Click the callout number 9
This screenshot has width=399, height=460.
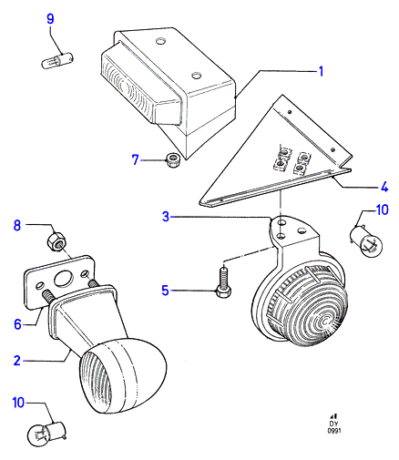[50, 19]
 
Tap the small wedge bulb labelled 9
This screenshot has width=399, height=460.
[57, 59]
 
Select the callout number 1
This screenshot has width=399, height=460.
[321, 71]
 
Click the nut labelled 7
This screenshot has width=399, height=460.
[174, 160]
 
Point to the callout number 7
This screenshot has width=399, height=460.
[136, 159]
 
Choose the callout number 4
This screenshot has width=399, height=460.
[384, 187]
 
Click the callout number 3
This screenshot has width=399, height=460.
[166, 217]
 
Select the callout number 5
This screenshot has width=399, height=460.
[165, 291]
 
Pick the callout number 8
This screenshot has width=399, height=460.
[17, 225]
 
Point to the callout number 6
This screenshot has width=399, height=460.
[18, 324]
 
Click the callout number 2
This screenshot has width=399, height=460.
[17, 361]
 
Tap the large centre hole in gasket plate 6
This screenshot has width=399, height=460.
[63, 279]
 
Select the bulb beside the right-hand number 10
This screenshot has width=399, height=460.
[366, 244]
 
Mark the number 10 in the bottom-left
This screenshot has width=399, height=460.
[18, 403]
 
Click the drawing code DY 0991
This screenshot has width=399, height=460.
[333, 425]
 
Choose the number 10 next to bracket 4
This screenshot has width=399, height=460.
[382, 210]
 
